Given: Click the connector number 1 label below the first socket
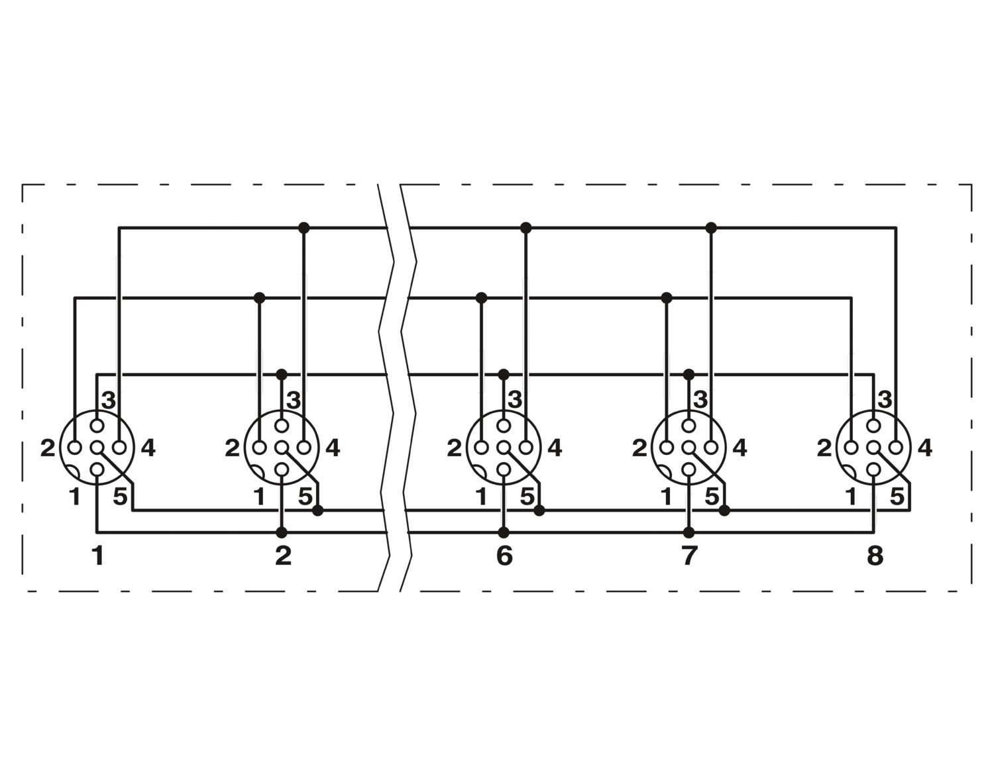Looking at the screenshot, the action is (98, 556).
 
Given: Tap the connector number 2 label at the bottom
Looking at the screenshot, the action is (283, 556).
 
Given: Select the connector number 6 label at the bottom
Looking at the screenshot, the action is (504, 556).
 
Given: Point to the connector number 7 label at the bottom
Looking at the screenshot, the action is (689, 556).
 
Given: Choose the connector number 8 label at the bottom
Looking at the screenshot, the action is (875, 556).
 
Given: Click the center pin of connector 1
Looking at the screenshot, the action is (97, 448).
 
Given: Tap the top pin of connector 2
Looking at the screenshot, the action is (282, 426).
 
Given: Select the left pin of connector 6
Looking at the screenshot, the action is (481, 448).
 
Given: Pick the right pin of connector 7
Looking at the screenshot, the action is (711, 448).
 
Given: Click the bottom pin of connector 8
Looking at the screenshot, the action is (873, 469).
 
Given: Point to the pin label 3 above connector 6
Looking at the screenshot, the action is (515, 401).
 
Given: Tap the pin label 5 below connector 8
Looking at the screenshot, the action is (897, 497).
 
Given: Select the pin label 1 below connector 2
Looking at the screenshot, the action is (259, 497).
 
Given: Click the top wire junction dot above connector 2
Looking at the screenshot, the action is (304, 227).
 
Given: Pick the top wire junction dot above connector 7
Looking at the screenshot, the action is (711, 227).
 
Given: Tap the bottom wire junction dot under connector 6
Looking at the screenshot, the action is (504, 532).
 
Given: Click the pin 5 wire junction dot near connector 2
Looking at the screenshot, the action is (317, 510).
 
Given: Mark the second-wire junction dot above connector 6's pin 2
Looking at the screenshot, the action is (481, 298).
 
